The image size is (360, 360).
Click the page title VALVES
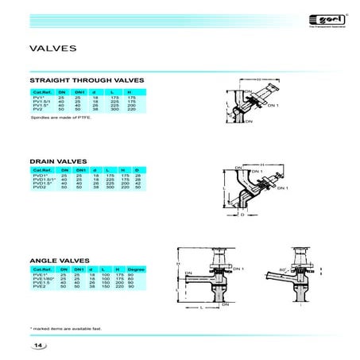point(52,48)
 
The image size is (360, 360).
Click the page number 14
point(39,345)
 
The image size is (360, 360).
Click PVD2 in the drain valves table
point(38,188)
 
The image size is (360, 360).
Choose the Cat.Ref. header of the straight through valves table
point(41,90)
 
